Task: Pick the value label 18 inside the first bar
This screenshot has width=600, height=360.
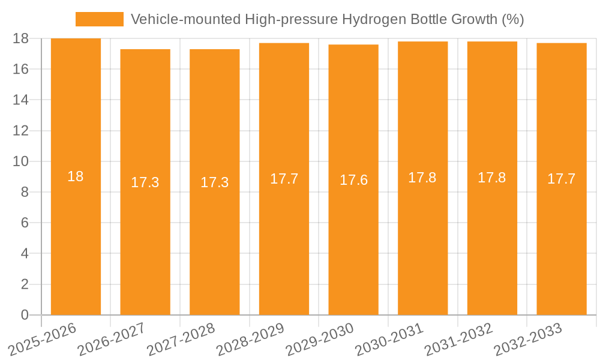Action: (76, 176)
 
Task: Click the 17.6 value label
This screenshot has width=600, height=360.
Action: (353, 180)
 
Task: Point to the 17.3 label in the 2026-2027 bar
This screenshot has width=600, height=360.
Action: (145, 182)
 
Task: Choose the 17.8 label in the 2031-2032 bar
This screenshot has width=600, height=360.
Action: (492, 178)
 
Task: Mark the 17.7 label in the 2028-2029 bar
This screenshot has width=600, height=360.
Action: (284, 179)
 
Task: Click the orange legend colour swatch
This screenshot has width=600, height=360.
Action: (99, 19)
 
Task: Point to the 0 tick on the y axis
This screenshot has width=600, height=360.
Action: (25, 315)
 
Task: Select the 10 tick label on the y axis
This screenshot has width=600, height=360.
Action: (21, 161)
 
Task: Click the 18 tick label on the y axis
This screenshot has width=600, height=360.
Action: (21, 38)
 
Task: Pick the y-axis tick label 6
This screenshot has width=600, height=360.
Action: (25, 223)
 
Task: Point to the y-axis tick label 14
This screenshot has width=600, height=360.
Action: (21, 100)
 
